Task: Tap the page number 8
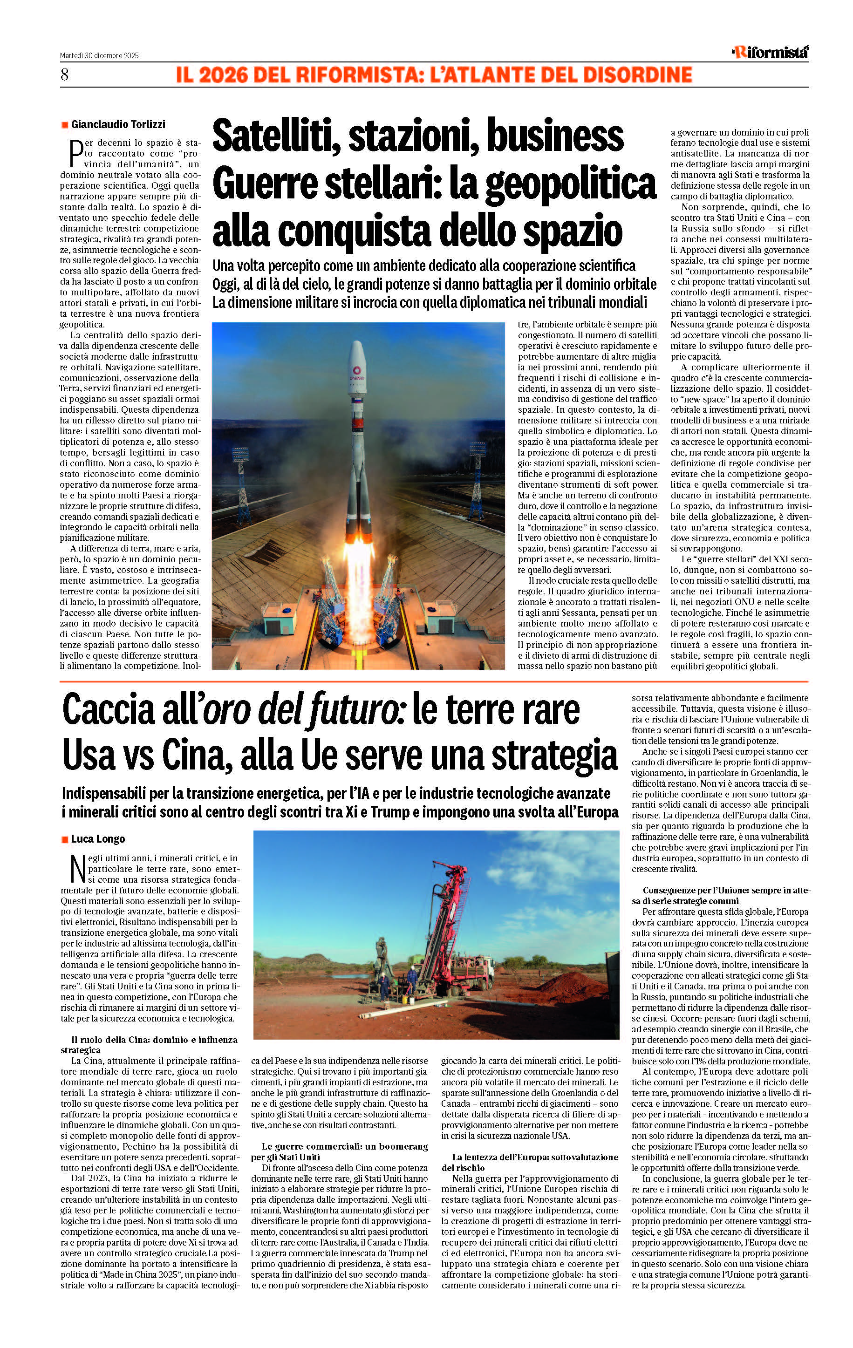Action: [64, 75]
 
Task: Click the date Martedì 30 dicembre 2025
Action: [99, 55]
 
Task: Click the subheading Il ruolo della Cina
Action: [148, 1040]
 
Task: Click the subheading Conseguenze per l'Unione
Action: [720, 890]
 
